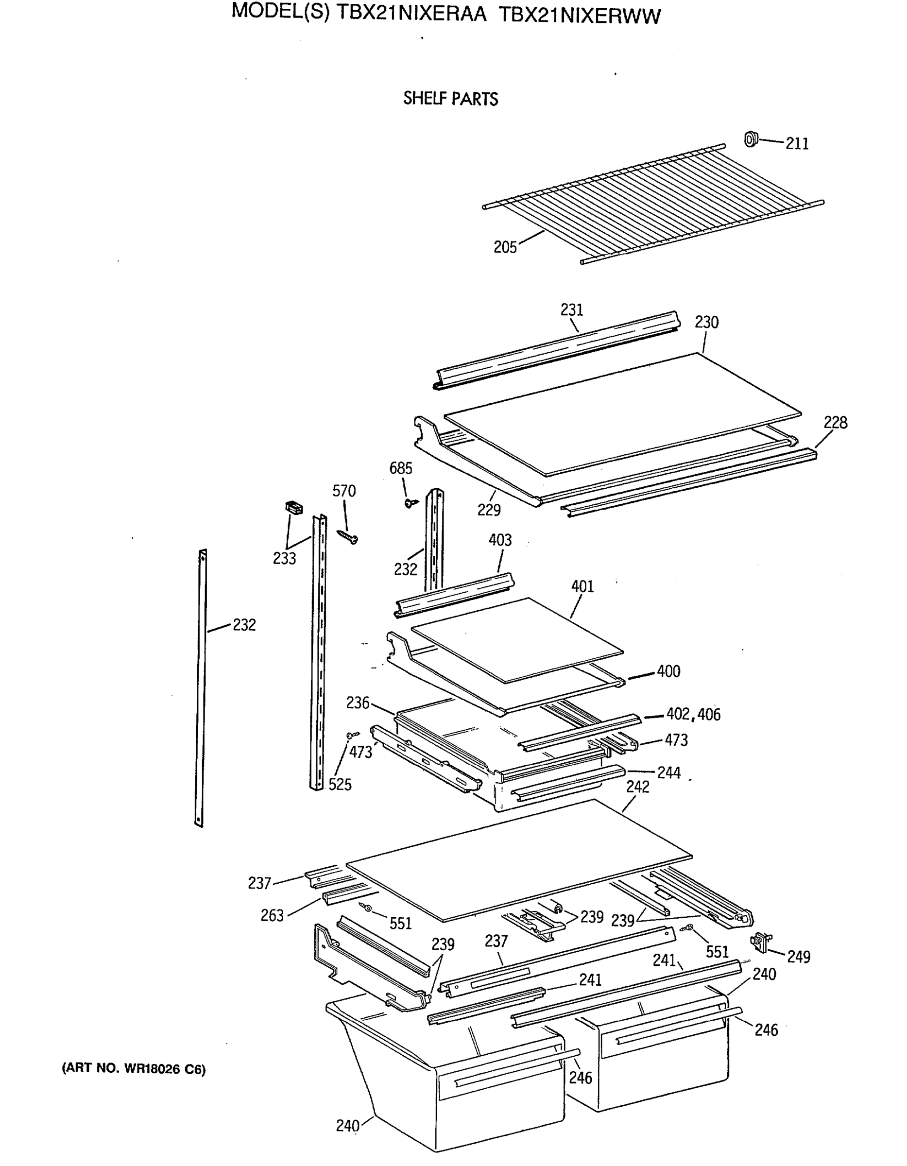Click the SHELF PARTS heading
click(x=450, y=99)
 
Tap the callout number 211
click(x=797, y=144)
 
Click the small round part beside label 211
click(x=751, y=139)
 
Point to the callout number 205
click(x=505, y=247)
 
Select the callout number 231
click(x=571, y=309)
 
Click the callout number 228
click(x=835, y=422)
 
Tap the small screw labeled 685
click(x=411, y=502)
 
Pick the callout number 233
click(x=284, y=558)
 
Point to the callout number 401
click(x=582, y=586)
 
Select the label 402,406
click(x=693, y=714)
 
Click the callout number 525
click(x=340, y=784)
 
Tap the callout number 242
click(x=637, y=787)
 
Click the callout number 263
click(x=272, y=916)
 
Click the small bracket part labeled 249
click(x=761, y=943)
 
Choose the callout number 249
click(x=798, y=957)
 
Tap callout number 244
click(x=668, y=772)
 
